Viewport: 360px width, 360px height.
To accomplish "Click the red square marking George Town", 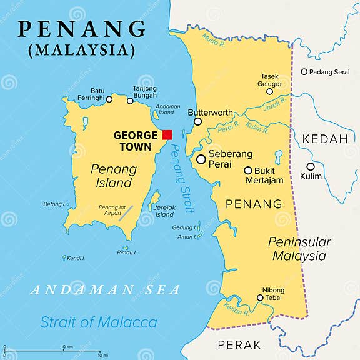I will (167, 134).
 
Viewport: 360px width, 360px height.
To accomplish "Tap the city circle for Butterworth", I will (198, 121).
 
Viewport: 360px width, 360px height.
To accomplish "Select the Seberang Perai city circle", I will (201, 159).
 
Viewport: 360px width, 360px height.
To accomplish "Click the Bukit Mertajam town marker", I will (248, 170).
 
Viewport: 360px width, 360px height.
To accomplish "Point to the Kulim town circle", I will (311, 166).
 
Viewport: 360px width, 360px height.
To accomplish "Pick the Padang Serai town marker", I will (304, 72).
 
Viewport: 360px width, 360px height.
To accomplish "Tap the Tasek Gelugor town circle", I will (270, 91).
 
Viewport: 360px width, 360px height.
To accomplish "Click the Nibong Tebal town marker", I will (261, 298).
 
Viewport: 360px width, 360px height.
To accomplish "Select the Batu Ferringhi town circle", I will (109, 99).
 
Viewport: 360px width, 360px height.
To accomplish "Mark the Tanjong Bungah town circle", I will (131, 101).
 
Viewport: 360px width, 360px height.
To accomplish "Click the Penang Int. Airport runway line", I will (126, 212).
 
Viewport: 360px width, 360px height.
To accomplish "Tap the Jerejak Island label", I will (164, 211).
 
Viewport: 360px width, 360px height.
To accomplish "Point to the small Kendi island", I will (64, 257).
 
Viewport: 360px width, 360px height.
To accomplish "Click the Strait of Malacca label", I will (99, 322).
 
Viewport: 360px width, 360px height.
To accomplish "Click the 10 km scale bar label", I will (67, 347).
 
